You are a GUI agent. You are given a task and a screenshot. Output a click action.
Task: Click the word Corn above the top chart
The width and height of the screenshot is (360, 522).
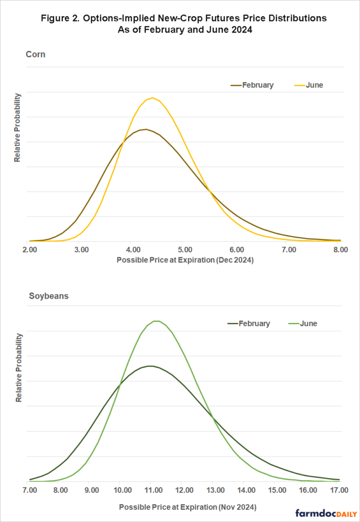[x=35, y=54]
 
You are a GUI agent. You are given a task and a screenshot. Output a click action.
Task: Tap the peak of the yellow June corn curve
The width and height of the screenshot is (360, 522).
[x=152, y=98]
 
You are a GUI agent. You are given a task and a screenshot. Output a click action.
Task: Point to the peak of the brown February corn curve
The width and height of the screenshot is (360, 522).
[x=146, y=129]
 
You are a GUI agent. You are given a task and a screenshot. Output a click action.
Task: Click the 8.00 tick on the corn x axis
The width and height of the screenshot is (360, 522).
[x=340, y=250]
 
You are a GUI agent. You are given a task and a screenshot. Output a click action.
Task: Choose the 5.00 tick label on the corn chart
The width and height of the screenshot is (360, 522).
[x=185, y=250]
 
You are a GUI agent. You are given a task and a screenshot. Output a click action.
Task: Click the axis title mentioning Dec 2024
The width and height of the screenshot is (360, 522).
[x=185, y=260]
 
